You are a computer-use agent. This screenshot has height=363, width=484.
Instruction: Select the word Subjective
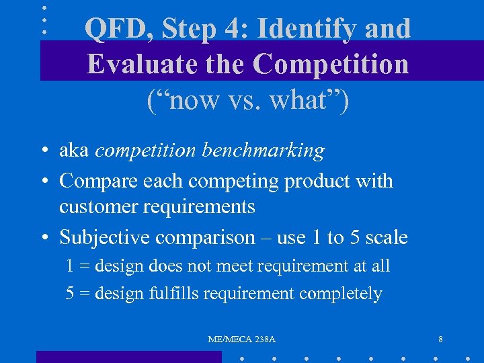105,238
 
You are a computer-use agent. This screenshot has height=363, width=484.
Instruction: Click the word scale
382,237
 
